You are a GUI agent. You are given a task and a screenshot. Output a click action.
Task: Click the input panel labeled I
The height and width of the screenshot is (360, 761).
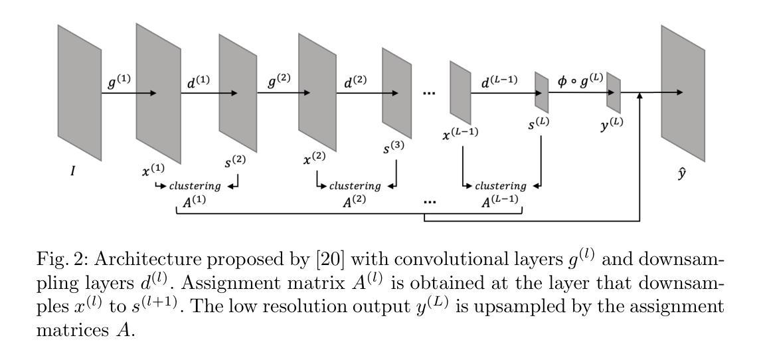[x=79, y=83]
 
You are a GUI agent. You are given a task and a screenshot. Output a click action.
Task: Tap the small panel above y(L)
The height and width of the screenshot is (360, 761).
[x=613, y=92]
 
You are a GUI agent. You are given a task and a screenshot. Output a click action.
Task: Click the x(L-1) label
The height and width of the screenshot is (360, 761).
[x=460, y=134]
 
